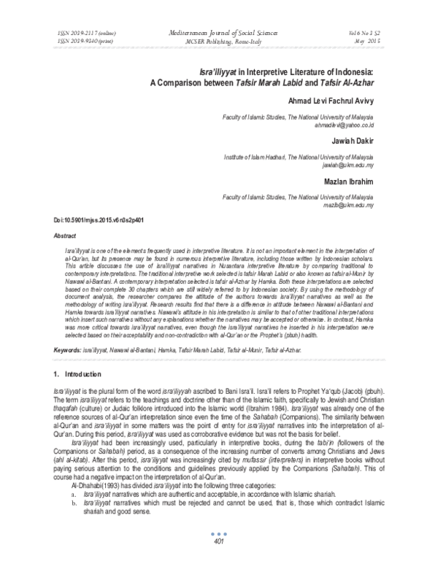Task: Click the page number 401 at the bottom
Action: tap(218, 542)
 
